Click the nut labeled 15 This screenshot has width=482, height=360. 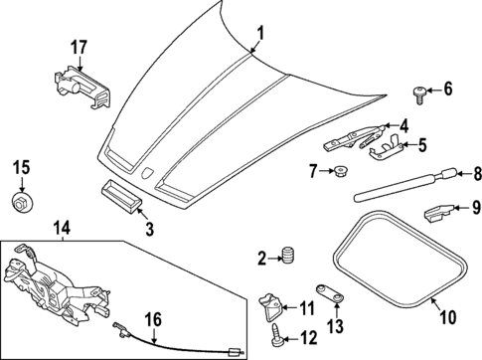(21, 204)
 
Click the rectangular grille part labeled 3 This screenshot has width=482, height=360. (122, 193)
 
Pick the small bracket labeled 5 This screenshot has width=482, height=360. (380, 149)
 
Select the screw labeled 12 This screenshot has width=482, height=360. (273, 338)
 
